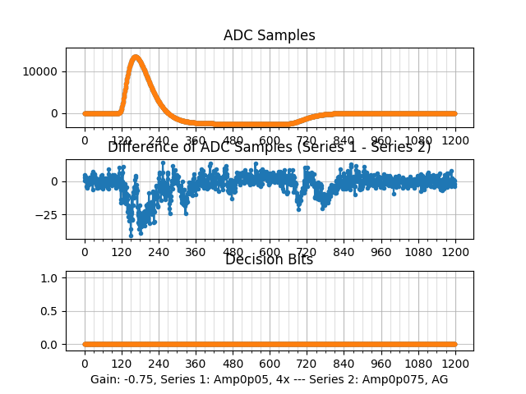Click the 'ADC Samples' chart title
269,35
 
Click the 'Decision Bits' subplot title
269,259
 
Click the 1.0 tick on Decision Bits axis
48,278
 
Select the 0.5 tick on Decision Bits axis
48,311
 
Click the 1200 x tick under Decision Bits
455,364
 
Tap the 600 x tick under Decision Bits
270,364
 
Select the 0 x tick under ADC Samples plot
84,140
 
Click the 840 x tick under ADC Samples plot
344,140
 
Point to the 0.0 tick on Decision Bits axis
48,345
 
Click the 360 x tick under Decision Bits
196,364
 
